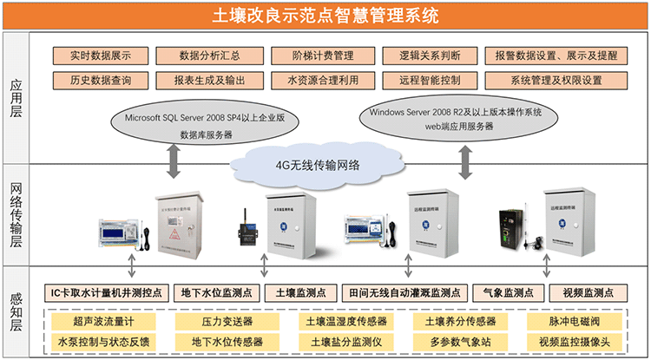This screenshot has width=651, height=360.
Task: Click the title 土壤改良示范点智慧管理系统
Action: (x=325, y=15)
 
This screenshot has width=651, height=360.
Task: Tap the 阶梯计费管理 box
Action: (x=323, y=56)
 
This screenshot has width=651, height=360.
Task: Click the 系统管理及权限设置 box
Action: (x=556, y=80)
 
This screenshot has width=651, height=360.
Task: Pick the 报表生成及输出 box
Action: (x=209, y=80)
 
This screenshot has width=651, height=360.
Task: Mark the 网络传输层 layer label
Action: (x=16, y=214)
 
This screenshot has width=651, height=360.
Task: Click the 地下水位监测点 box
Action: (x=216, y=292)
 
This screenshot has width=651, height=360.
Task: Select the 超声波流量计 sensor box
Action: (x=98, y=320)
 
